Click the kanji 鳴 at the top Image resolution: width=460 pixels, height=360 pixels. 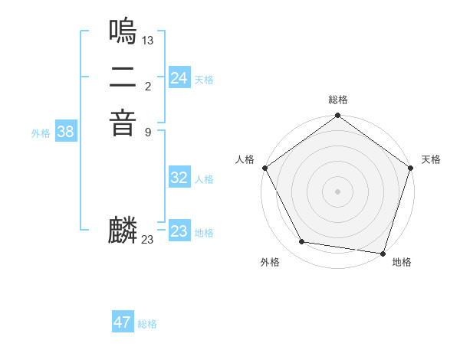123,31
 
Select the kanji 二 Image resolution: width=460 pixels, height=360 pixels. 123,77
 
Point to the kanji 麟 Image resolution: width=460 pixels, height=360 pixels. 123,231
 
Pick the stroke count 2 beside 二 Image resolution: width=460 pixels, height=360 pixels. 148,86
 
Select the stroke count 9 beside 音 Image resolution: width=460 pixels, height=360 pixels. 148,132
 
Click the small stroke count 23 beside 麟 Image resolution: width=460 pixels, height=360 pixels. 148,240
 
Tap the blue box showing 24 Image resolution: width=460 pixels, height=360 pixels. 179,78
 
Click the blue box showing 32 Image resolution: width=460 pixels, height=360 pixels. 179,178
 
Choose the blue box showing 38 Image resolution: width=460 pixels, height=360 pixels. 66,132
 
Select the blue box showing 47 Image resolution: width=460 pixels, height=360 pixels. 123,322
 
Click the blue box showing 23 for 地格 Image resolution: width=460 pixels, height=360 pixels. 179,231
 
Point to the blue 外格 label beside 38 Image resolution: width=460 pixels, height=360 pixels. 41,133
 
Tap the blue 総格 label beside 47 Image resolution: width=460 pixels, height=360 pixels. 147,324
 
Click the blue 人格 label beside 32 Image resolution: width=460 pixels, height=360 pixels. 204,179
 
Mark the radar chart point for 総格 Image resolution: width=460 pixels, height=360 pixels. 337,116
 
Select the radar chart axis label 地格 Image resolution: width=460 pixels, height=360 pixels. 402,262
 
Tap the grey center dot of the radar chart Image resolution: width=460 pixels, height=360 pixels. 337,191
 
